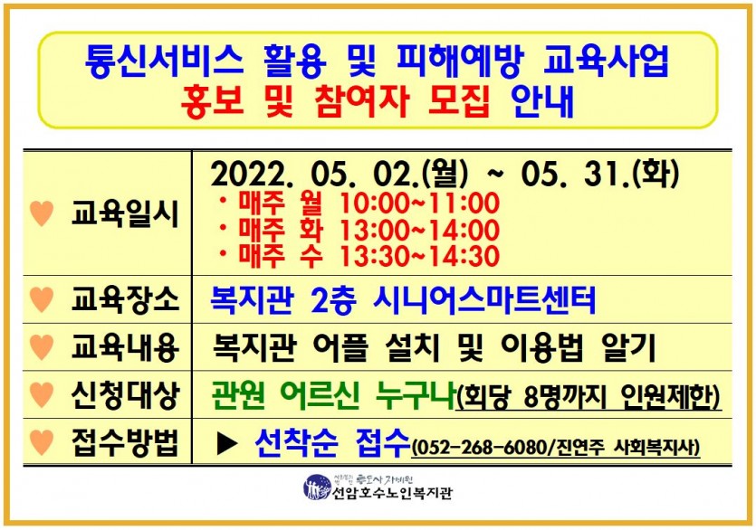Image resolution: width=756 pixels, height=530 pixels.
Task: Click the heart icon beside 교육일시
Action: point(42,214)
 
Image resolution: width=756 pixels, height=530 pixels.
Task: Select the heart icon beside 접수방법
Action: point(42,442)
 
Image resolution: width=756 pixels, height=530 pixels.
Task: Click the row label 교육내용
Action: point(124,347)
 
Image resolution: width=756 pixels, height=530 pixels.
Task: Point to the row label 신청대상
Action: point(124,394)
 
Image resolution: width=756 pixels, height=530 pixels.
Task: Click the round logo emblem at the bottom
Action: point(317,488)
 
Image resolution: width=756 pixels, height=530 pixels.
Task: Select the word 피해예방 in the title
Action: point(462,62)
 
